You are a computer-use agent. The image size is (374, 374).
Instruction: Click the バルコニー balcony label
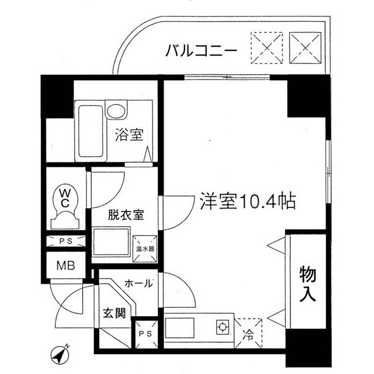click(200, 50)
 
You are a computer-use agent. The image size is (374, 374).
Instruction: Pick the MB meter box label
click(65, 266)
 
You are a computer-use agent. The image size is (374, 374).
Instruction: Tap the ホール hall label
click(139, 283)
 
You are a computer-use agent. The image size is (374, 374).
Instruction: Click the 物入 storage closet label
click(308, 285)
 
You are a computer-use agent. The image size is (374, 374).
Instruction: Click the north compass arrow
click(60, 354)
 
